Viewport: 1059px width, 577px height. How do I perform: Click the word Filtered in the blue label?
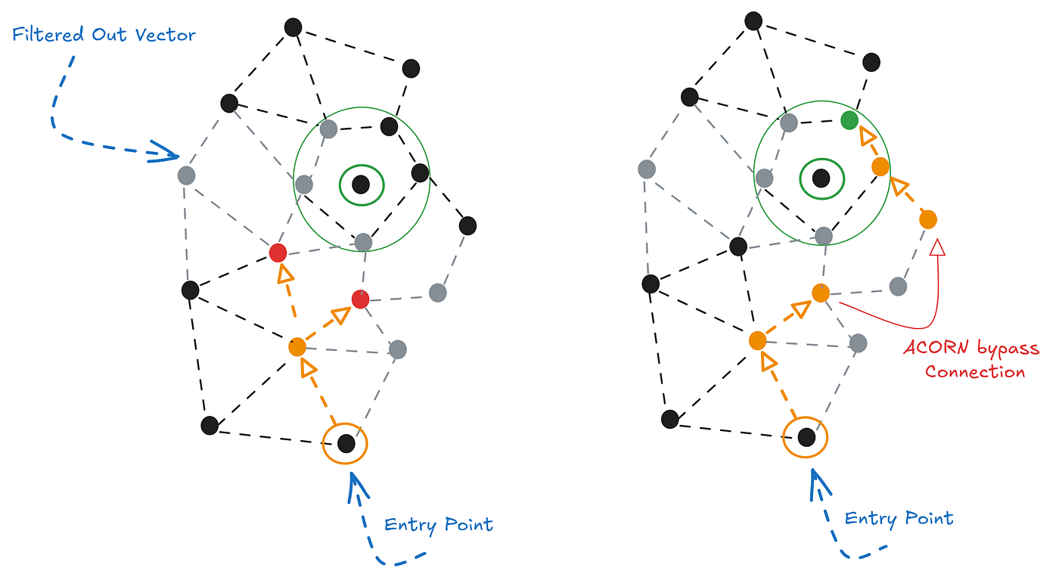coord(48,35)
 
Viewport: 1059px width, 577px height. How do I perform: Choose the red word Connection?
coord(975,372)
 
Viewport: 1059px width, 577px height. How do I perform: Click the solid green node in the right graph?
coord(849,120)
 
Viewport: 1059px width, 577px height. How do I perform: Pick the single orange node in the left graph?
coord(297,347)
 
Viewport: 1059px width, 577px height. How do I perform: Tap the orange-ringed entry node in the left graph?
coord(346,444)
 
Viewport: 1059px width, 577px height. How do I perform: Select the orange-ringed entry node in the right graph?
coord(806,438)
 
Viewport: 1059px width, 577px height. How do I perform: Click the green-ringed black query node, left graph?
coord(362,185)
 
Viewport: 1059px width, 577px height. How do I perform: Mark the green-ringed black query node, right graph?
coord(821,178)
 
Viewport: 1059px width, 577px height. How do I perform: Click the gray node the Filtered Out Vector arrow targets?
coord(186,175)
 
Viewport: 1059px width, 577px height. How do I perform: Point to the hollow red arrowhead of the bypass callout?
coord(937,247)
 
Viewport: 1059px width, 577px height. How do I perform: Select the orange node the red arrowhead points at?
coord(928,220)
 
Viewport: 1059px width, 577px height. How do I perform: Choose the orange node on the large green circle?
coord(880,167)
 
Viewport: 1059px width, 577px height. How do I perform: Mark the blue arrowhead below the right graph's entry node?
coord(818,483)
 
